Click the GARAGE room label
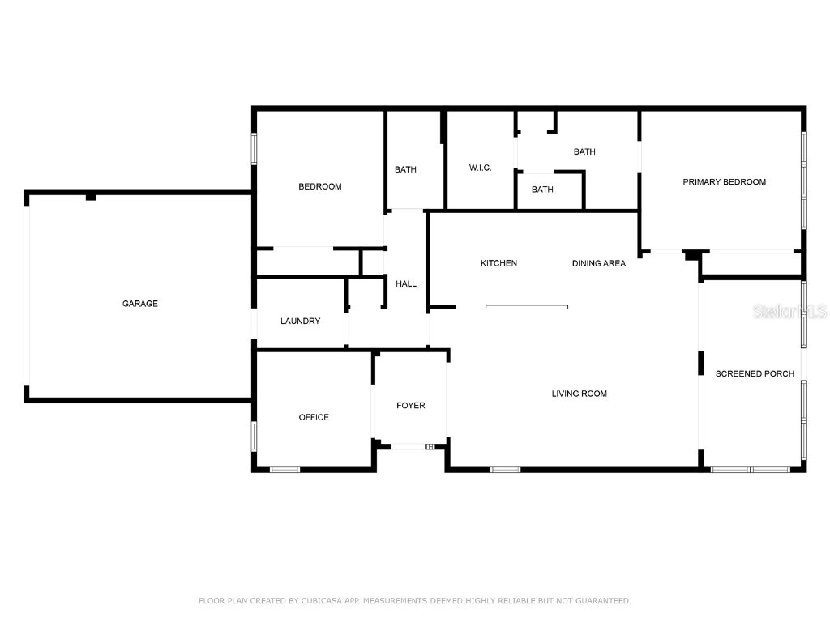[x=140, y=304]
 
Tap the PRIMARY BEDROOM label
[x=724, y=182]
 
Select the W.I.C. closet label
[x=480, y=168]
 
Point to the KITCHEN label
[x=498, y=263]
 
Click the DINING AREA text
[x=598, y=263]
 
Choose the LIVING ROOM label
[x=579, y=394]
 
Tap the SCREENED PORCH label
[x=754, y=373]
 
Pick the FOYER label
[x=410, y=406]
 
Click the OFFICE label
[x=314, y=417]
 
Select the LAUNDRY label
[x=300, y=322]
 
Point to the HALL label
[x=406, y=283]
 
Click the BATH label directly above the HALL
[x=405, y=170]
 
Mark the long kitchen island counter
[x=527, y=307]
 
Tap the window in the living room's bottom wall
[x=505, y=469]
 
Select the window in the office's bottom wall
[x=285, y=469]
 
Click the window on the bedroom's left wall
[x=254, y=149]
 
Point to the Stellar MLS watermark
[x=789, y=311]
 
